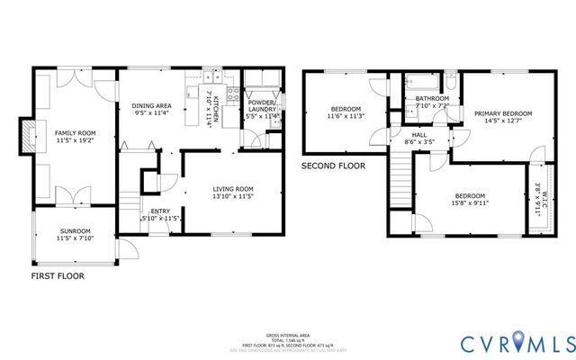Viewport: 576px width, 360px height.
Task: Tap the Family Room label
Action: point(75,132)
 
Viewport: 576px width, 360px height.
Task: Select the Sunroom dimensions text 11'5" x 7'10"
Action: point(76,238)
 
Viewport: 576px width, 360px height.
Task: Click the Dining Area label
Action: point(150,104)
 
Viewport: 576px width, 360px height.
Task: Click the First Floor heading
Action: point(58,276)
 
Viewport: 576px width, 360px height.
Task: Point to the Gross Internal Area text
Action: point(288,333)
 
